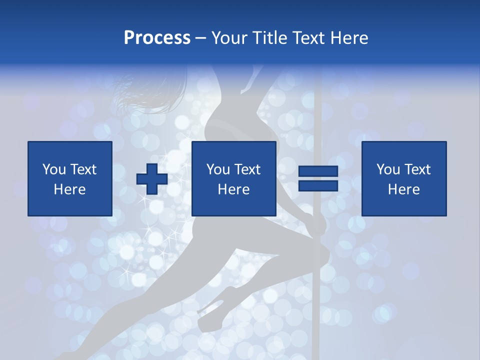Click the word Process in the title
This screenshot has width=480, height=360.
coord(157,38)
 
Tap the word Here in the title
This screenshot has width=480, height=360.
coord(349,38)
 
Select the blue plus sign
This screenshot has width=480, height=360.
coord(152,178)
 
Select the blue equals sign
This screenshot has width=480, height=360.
coord(318,178)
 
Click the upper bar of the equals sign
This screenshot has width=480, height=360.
coord(318,171)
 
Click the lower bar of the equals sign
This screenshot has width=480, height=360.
coord(318,185)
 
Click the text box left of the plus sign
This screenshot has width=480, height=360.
coord(70,178)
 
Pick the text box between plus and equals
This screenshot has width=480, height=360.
coord(233,178)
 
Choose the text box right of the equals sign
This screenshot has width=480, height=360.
coord(403,178)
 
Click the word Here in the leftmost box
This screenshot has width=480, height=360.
coord(69,189)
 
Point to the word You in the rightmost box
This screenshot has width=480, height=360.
coord(388,169)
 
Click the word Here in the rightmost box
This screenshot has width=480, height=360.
coord(403,189)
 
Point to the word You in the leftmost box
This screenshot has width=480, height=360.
coord(54,169)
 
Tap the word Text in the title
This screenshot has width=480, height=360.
coord(309,38)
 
